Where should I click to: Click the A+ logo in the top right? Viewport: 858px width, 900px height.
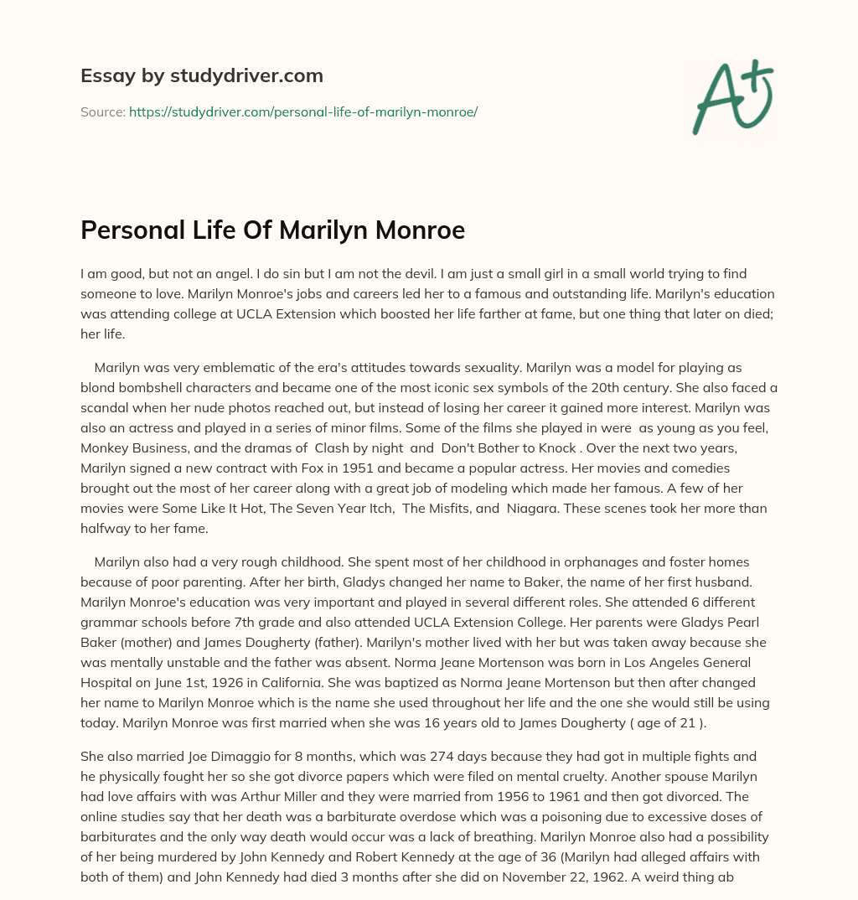point(732,97)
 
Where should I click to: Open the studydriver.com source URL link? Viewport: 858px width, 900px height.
point(302,111)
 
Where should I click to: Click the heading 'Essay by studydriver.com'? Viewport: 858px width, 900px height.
point(201,75)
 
